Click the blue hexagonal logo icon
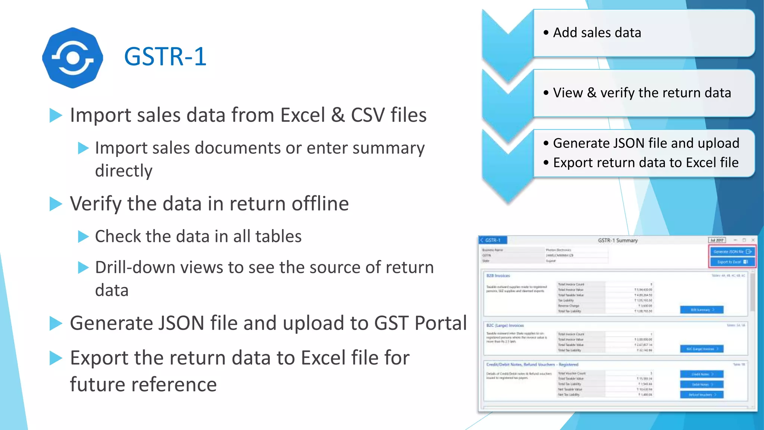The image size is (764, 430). tap(72, 58)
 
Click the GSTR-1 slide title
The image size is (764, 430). tap(165, 57)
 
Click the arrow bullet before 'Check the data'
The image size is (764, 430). tap(83, 237)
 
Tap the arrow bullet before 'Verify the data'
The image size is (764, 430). tap(56, 204)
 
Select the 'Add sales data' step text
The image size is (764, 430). tap(597, 33)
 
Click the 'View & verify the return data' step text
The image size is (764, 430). tap(642, 93)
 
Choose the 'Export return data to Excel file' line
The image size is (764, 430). tap(645, 163)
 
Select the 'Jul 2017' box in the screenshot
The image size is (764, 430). tap(717, 240)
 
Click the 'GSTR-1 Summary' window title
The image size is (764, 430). tap(618, 240)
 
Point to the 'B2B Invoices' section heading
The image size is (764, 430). tap(498, 276)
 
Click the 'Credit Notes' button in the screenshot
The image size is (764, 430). tap(701, 374)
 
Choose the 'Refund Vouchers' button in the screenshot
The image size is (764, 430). tap(701, 395)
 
